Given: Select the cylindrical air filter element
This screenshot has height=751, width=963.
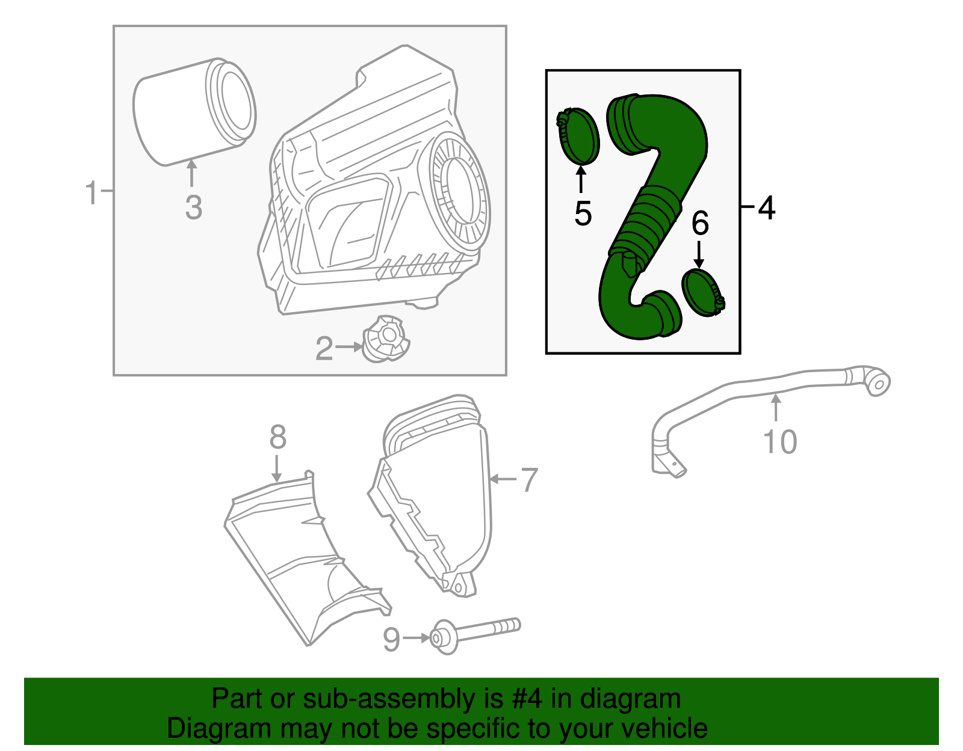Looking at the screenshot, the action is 194,111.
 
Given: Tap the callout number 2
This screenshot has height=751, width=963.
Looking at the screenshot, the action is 324,349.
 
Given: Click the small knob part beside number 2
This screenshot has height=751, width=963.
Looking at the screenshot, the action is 386,339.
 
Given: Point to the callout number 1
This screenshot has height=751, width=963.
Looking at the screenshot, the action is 91,192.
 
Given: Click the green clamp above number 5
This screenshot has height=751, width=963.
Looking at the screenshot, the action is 578,136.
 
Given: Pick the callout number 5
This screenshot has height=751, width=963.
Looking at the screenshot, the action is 583,213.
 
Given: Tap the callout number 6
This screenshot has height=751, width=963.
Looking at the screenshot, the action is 700,223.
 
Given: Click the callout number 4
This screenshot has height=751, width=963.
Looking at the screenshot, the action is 767,207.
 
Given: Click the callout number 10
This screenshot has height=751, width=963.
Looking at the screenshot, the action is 780,442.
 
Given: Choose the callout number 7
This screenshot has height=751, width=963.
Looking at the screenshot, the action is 529,480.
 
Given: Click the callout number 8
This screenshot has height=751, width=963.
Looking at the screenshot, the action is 278,437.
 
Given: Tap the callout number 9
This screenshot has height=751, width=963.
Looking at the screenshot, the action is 392,639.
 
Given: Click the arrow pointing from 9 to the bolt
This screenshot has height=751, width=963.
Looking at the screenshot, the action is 416,638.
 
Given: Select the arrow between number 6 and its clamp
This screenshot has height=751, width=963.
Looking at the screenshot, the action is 699,254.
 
